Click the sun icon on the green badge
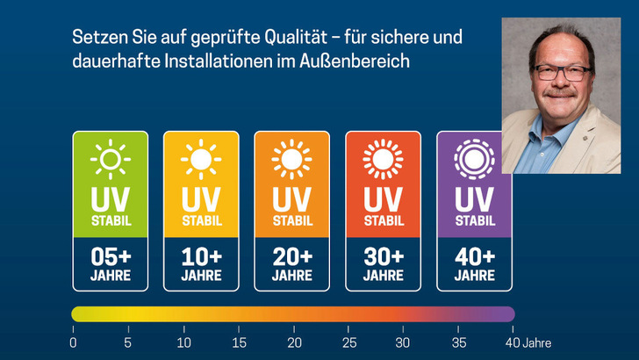coord(110,160)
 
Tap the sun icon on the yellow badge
coord(201,160)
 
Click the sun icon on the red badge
coord(383,160)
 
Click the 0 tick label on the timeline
coord(74,342)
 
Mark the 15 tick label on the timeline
coord(239,342)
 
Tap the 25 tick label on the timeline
coord(349,342)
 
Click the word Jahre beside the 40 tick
coord(537,342)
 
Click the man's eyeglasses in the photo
coord(564,71)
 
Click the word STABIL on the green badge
coord(110,220)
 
